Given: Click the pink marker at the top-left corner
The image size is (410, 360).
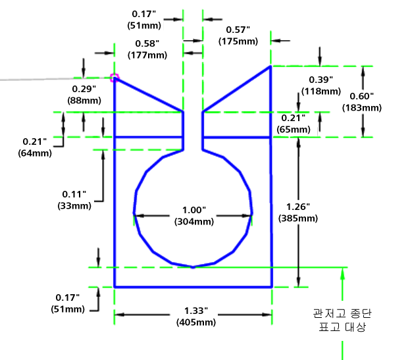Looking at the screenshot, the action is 115,78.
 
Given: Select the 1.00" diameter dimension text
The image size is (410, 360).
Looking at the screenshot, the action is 194,210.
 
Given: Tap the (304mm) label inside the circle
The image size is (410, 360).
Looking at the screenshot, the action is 194,222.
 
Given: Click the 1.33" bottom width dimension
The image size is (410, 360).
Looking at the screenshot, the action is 196,311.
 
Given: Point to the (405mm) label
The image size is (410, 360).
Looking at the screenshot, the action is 196,322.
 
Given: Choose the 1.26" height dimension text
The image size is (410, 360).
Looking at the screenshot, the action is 298,207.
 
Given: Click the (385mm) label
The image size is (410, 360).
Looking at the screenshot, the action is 298,219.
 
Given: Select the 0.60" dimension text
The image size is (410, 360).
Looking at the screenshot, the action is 361,96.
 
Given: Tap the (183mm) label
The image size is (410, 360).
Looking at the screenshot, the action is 362,108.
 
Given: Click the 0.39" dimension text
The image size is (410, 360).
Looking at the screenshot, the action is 321,80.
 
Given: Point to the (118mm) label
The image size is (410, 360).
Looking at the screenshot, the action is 321,91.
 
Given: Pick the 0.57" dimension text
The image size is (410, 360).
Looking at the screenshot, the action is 238,30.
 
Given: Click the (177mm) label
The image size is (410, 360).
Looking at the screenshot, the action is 147,55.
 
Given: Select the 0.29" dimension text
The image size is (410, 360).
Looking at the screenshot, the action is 84,89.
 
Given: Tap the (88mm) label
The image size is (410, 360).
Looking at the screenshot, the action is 84,101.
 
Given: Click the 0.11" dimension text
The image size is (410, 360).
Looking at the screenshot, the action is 74,194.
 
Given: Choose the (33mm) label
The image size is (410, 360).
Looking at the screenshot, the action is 74,206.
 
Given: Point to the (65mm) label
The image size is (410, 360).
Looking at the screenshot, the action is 294,130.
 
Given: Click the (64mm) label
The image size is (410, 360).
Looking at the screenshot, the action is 35,153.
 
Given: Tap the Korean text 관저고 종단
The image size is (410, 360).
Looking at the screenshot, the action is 342,313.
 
